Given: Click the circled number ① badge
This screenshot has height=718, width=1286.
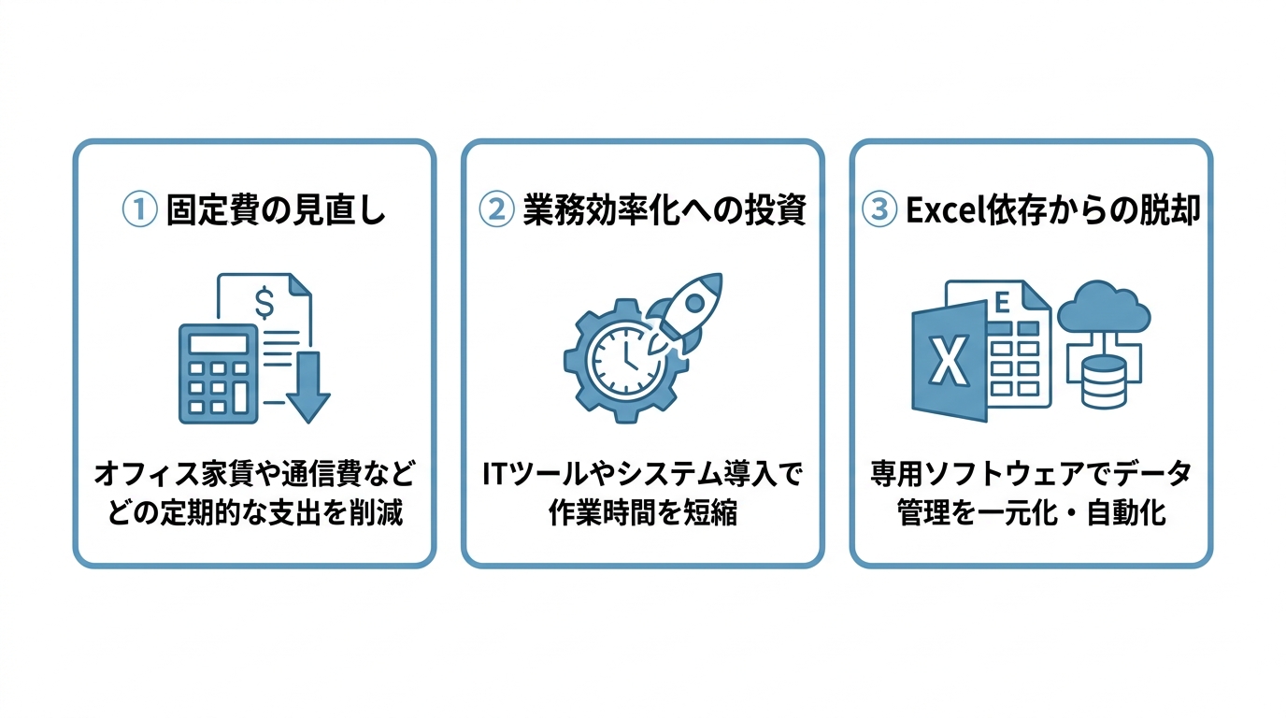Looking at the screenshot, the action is pyautogui.click(x=139, y=209).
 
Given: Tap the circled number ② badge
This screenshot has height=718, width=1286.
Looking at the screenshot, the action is pyautogui.click(x=496, y=209).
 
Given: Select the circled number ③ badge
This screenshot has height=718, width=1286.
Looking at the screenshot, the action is pyautogui.click(x=879, y=209).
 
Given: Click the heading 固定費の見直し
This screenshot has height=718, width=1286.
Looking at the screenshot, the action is pyautogui.click(x=276, y=209).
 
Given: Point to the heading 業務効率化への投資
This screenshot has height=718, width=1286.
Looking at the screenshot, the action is pyautogui.click(x=664, y=209).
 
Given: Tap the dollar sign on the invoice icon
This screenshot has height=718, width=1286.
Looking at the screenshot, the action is pyautogui.click(x=264, y=302).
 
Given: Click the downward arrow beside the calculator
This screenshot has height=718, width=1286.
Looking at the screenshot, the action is pyautogui.click(x=308, y=387).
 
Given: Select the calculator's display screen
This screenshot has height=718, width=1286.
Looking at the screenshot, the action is pyautogui.click(x=218, y=344).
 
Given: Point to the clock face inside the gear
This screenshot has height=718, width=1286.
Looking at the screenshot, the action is pyautogui.click(x=624, y=361).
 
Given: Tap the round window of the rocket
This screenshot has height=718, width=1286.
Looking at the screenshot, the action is pyautogui.click(x=694, y=302).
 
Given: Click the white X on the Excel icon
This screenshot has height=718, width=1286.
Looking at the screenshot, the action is pyautogui.click(x=949, y=362).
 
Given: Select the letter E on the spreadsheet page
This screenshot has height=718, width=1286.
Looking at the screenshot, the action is pyautogui.click(x=1002, y=303).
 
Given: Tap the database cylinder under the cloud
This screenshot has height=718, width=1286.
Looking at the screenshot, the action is pyautogui.click(x=1104, y=381).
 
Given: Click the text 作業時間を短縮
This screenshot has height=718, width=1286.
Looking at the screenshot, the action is pyautogui.click(x=643, y=512).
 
